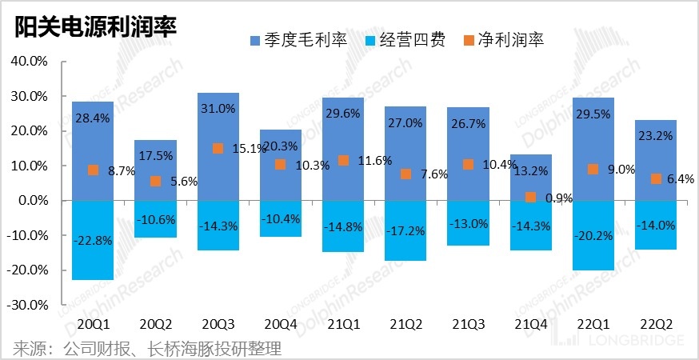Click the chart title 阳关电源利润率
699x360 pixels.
[x=94, y=26]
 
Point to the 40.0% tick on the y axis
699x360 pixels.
[x=29, y=61]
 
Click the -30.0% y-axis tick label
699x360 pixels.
[x=27, y=305]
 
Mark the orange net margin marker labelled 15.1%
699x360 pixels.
[x=218, y=148]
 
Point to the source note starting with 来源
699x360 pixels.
[x=147, y=349]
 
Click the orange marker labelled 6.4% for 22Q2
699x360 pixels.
[x=656, y=178]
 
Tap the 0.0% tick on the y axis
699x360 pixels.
[x=30, y=201]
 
